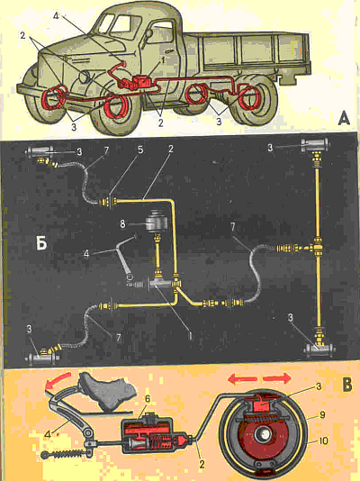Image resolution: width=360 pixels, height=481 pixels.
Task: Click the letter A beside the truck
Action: (344, 119)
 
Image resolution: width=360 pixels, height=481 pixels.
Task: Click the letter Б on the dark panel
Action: (41, 244)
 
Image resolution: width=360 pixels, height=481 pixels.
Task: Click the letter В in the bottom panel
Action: (346, 386)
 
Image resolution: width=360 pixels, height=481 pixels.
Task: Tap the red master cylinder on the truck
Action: (141, 83)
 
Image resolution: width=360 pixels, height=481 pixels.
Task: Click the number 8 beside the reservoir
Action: (122, 224)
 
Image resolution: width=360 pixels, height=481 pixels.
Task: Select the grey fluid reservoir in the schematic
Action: (157, 220)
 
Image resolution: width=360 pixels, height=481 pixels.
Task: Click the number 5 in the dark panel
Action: (140, 150)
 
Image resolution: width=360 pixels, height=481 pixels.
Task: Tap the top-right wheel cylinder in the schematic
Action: (315, 144)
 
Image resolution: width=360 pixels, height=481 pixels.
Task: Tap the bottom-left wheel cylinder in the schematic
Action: (40, 358)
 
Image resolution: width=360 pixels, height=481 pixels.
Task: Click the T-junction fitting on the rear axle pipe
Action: (318, 247)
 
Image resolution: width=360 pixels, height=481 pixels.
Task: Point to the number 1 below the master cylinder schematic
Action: (190, 336)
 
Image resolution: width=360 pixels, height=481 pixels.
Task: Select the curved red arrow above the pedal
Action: (58, 379)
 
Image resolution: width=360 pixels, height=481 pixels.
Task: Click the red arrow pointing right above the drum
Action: (277, 378)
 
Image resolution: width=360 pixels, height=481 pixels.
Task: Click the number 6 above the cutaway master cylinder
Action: (148, 399)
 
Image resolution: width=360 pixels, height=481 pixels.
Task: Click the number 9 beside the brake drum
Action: (322, 415)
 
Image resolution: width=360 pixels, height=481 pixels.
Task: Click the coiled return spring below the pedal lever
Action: (66, 453)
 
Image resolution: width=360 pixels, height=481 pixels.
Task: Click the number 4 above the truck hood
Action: (56, 15)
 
